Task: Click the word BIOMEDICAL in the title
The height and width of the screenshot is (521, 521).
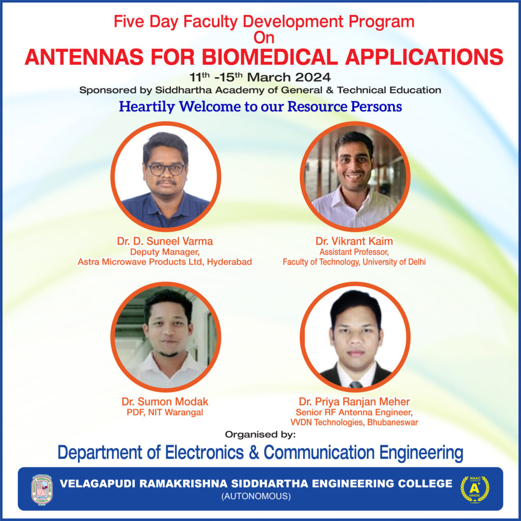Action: click(270, 57)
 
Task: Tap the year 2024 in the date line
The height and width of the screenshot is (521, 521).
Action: click(312, 77)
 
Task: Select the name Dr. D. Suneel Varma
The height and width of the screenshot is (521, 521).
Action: click(164, 241)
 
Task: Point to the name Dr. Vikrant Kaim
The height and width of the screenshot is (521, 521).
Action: click(354, 241)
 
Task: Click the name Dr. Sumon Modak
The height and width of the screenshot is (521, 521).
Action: click(165, 401)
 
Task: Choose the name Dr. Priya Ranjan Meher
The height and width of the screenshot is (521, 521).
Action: click(354, 401)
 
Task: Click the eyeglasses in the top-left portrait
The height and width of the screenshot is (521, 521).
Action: click(166, 169)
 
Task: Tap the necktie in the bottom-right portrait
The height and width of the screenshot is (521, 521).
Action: click(356, 385)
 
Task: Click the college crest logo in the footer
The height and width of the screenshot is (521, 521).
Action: click(42, 489)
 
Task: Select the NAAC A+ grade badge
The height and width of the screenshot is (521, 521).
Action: click(475, 489)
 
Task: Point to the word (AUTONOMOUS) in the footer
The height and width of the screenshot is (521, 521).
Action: click(256, 496)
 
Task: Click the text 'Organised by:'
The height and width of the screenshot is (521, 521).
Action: click(260, 435)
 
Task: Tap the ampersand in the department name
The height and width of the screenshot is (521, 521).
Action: click(254, 452)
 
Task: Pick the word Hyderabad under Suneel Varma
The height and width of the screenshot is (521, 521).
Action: click(229, 262)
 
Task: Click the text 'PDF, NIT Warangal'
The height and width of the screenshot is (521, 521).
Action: click(165, 412)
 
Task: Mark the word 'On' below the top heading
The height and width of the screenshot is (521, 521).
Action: click(264, 38)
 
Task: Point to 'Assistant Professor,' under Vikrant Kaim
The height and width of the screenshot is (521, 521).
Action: click(354, 252)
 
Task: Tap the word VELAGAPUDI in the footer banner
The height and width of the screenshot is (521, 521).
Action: click(98, 483)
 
